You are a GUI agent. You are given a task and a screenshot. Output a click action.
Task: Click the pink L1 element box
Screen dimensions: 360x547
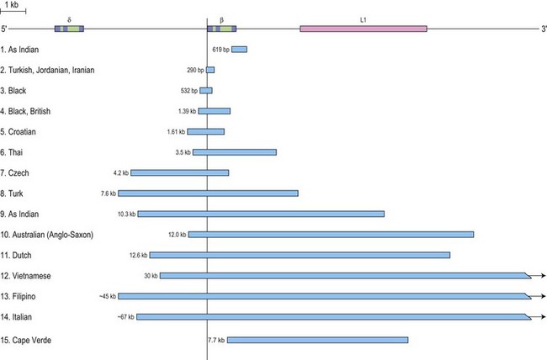tap(363, 29)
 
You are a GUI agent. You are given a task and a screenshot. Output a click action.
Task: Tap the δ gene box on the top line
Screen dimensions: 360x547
tap(69, 29)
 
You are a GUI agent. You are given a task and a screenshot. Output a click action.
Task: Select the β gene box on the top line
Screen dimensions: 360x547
tap(221, 29)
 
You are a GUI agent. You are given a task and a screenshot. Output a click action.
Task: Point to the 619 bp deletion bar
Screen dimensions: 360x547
tap(239, 50)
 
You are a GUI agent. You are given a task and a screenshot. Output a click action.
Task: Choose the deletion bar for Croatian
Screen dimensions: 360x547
tap(205, 131)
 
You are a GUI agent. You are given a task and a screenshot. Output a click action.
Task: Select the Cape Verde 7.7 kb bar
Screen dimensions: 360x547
tap(317, 340)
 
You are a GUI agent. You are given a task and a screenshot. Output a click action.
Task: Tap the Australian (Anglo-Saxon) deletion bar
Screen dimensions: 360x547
tap(331, 234)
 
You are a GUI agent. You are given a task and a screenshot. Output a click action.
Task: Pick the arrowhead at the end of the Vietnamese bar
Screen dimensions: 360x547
tap(543, 275)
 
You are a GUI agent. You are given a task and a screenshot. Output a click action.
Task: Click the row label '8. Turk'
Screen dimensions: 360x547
tap(17, 193)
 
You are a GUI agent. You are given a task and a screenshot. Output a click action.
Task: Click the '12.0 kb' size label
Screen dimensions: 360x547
tap(177, 235)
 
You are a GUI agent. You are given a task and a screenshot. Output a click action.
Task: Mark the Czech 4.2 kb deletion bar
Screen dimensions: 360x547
tap(179, 172)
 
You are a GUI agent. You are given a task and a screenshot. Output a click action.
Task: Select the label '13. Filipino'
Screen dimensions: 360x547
tap(24, 296)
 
